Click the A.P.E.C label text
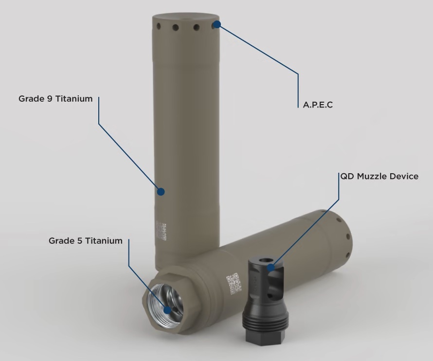[318, 105]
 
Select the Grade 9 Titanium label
[55, 99]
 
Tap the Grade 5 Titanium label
[85, 241]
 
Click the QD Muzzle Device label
[379, 176]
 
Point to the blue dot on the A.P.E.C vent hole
[216, 24]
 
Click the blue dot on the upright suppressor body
[161, 192]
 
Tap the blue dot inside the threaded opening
[167, 309]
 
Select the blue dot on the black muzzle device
[271, 266]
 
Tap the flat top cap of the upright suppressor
[187, 18]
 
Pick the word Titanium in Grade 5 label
[104, 241]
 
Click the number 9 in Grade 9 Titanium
[49, 99]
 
